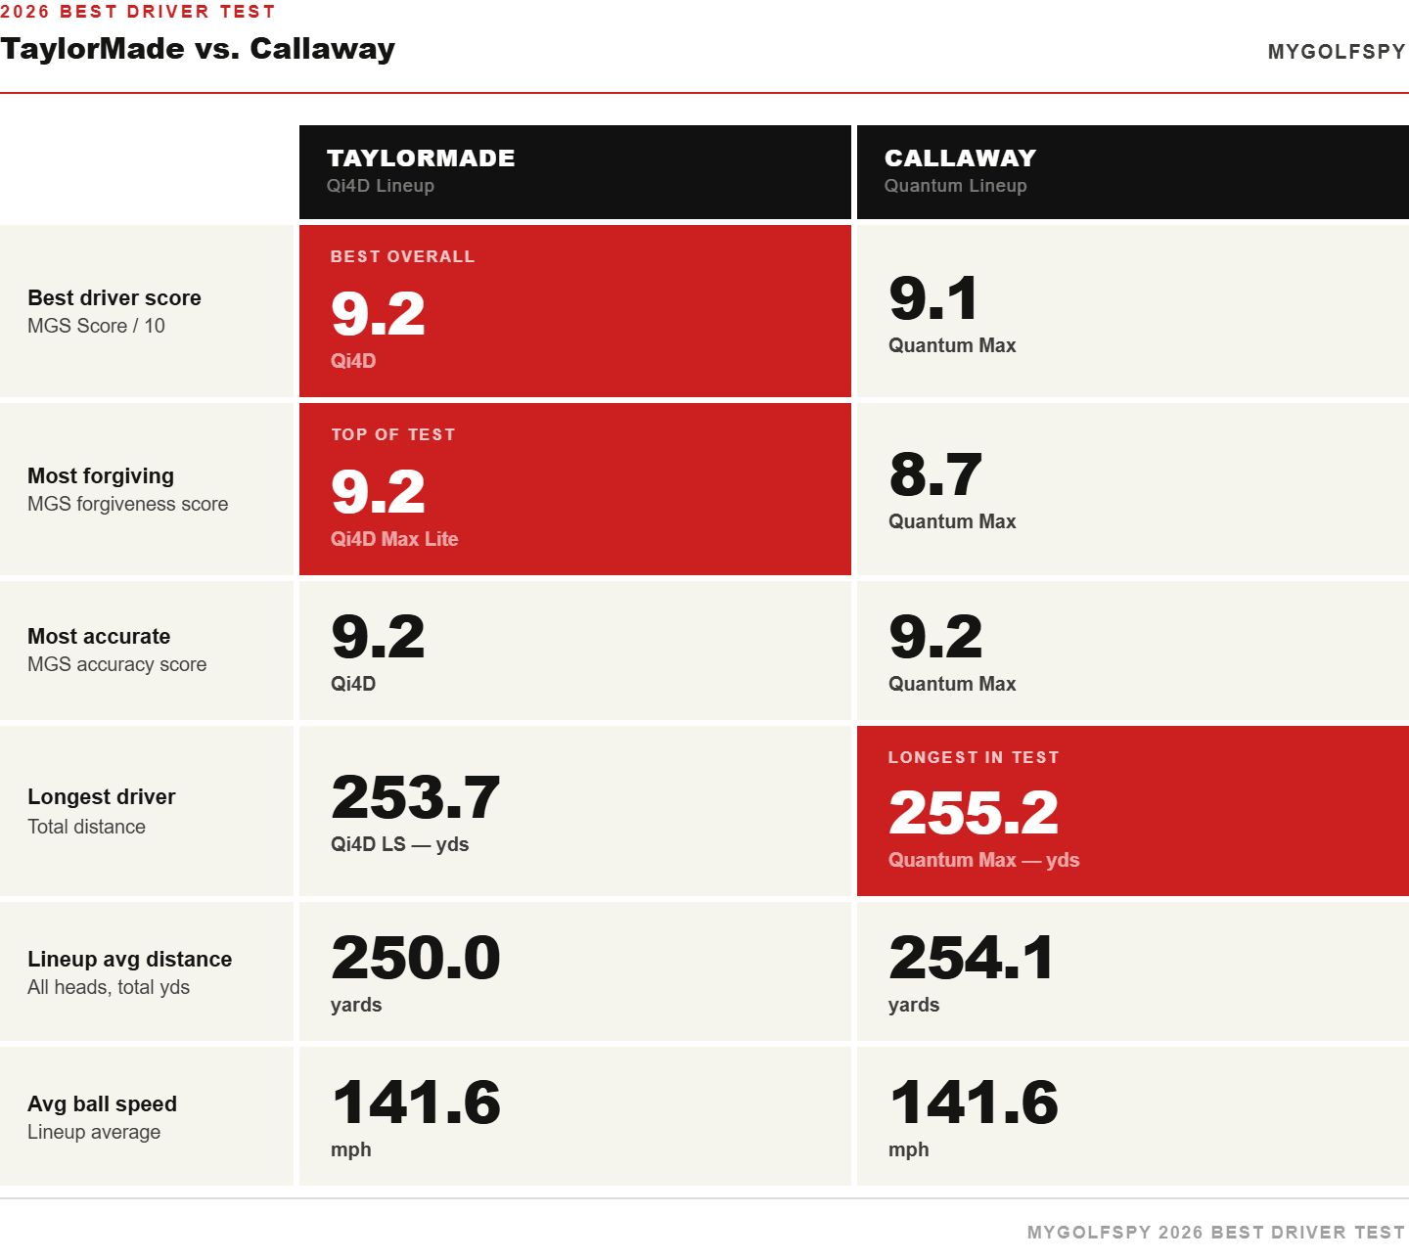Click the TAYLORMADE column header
tap(421, 157)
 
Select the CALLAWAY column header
tap(960, 157)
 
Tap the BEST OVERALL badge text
tap(402, 256)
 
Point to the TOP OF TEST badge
tap(392, 434)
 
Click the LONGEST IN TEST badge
tap(973, 757)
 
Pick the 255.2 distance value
tap(973, 813)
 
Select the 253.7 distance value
tap(415, 797)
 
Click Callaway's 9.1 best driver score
tap(933, 298)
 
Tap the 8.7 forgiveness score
tap(934, 474)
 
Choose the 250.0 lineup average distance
tap(415, 958)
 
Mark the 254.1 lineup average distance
tap(971, 958)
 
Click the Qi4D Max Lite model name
tap(394, 539)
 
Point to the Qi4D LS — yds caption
tap(399, 844)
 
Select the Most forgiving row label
tap(101, 476)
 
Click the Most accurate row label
tap(99, 637)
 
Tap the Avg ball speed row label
tap(102, 1104)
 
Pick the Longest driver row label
tap(102, 797)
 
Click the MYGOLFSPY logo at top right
tap(1336, 52)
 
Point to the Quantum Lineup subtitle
tap(955, 186)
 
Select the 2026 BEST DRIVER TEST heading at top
tap(138, 12)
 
